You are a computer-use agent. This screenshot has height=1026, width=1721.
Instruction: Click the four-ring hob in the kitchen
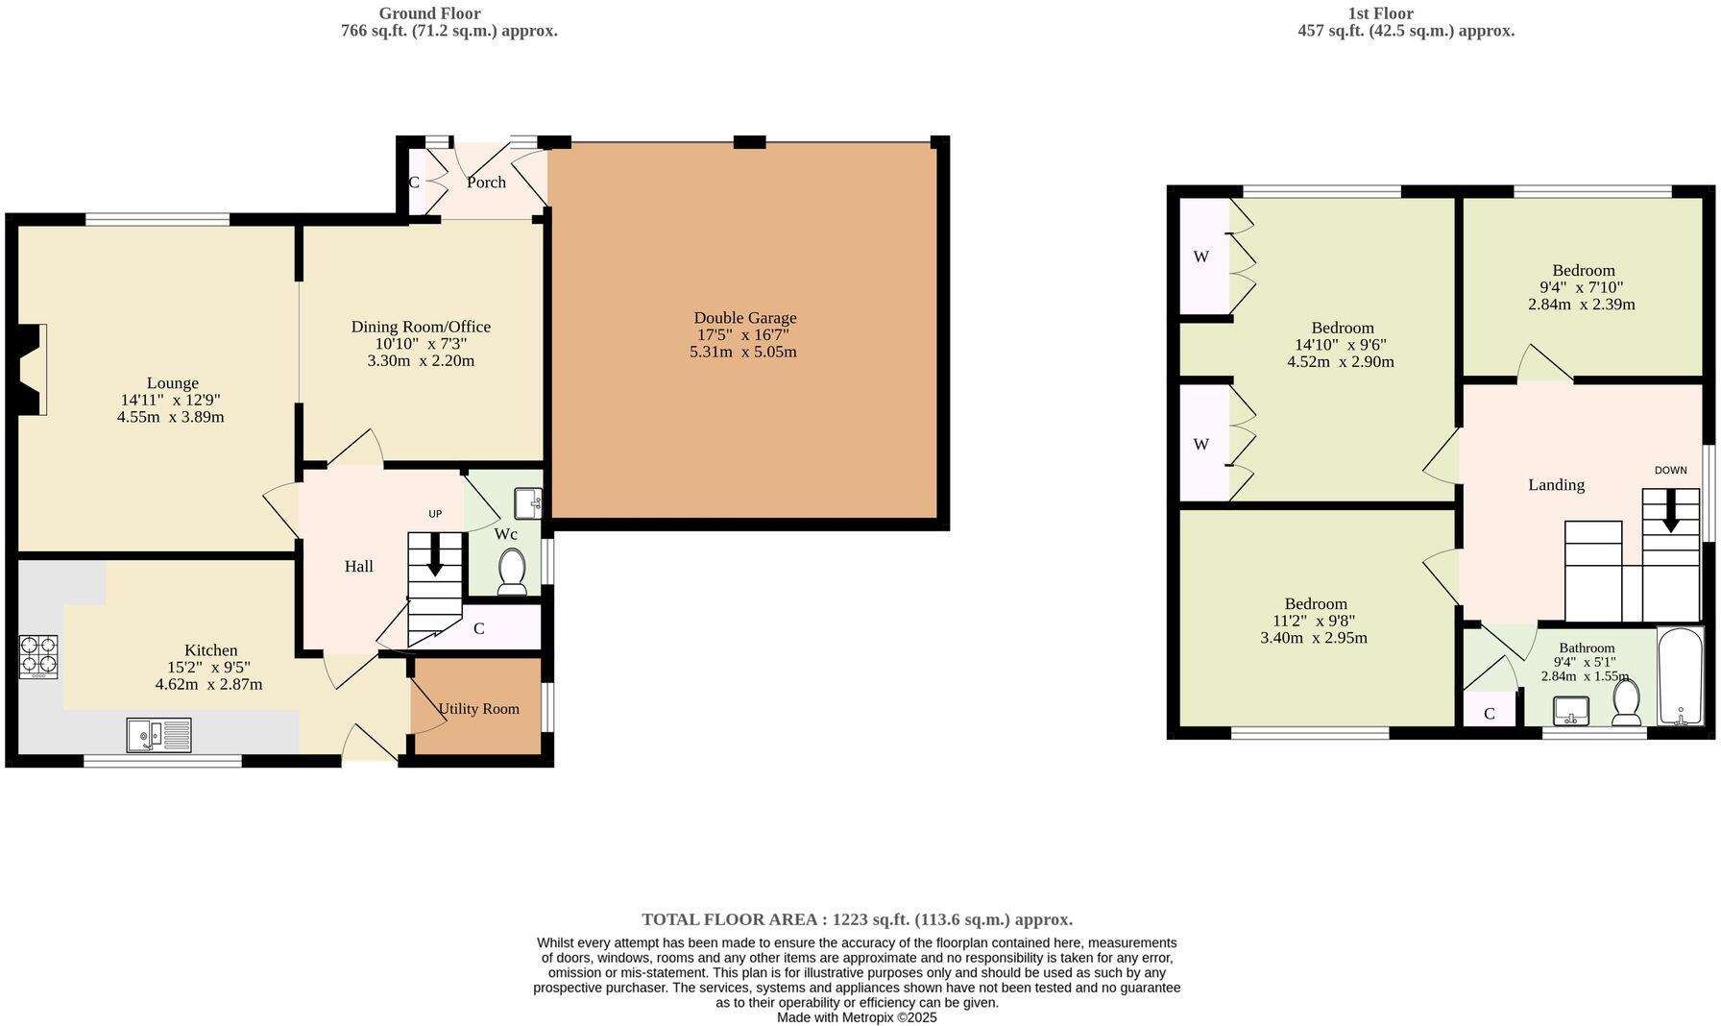38,656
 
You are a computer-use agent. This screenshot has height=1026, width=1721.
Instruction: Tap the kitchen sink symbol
159,736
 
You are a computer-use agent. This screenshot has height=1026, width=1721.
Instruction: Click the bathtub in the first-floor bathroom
1680,676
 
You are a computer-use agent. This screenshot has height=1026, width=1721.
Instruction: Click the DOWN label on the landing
1670,470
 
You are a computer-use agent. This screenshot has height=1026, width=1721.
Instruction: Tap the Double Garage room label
745,318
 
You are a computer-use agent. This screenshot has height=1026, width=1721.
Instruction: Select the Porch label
486,183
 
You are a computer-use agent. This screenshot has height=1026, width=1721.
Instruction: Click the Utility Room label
478,709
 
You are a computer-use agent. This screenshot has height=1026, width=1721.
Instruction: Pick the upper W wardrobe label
1200,256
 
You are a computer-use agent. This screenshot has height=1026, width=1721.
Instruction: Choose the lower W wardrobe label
1200,444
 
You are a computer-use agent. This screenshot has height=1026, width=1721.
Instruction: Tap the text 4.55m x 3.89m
171,417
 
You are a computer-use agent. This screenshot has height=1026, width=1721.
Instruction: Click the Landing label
1556,485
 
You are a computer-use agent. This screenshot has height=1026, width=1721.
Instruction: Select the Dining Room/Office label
421,327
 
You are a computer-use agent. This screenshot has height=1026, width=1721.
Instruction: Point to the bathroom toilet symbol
1626,702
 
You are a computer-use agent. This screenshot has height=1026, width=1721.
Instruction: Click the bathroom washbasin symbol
1571,711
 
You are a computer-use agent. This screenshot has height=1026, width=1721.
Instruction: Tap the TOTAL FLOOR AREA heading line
857,919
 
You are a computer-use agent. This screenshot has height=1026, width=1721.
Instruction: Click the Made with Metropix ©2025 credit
857,1017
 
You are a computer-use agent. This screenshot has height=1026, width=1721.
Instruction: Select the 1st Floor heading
1380,13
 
